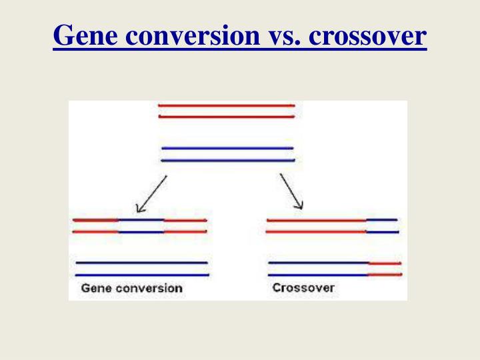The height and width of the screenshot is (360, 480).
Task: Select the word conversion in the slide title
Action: click(195, 36)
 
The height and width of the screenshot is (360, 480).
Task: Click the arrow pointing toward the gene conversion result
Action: click(151, 194)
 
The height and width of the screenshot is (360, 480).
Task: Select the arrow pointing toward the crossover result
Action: click(291, 191)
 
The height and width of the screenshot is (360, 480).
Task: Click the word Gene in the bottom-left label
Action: click(95, 289)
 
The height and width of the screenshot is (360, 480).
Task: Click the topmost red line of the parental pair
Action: click(226, 105)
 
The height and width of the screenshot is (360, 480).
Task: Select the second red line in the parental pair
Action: click(226, 117)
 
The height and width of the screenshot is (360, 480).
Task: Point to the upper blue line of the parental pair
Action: click(227, 148)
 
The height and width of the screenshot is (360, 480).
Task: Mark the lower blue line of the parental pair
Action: click(227, 160)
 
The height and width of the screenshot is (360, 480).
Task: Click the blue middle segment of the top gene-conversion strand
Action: click(141, 219)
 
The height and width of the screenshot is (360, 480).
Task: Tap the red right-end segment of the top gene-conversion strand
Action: click(185, 219)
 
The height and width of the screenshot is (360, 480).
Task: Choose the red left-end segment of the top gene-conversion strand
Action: click(95, 219)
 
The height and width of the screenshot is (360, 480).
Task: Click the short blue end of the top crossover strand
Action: click(382, 219)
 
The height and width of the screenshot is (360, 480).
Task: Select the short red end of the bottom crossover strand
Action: click(385, 274)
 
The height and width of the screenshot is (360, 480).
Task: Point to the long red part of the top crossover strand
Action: click(316, 219)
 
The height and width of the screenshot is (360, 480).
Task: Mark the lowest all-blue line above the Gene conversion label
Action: click(142, 275)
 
